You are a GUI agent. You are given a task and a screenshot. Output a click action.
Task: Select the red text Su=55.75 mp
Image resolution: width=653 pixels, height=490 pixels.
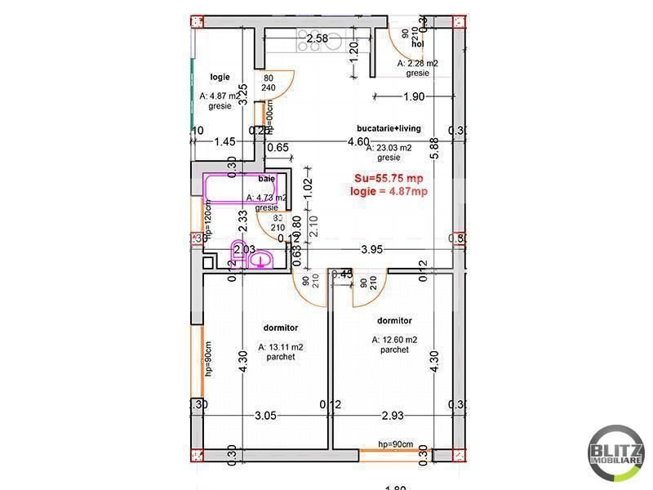(389, 178)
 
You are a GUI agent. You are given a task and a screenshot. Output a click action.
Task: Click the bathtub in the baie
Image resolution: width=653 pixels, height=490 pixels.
(243, 188)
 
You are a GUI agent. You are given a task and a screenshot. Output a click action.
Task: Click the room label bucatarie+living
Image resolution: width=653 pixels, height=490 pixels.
(389, 128)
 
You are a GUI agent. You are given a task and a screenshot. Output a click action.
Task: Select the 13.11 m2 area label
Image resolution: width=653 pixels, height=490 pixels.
(280, 347)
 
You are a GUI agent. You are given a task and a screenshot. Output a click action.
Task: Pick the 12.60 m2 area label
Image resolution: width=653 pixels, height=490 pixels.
(394, 340)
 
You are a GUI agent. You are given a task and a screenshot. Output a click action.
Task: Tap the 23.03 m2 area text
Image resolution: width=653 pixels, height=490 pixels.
(389, 149)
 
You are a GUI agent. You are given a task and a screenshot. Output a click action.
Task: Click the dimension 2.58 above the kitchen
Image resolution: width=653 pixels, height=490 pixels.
(318, 38)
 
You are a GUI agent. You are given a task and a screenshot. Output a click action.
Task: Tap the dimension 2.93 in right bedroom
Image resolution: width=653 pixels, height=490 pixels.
(393, 416)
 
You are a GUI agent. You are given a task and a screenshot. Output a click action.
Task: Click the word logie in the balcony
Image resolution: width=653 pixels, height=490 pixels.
(220, 77)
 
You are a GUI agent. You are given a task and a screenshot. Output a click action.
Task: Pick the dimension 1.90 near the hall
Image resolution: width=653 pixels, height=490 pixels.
(414, 97)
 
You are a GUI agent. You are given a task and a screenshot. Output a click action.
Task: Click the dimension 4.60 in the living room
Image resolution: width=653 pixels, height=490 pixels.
(357, 141)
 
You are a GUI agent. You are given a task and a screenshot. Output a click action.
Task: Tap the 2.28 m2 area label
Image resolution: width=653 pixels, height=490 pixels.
(418, 63)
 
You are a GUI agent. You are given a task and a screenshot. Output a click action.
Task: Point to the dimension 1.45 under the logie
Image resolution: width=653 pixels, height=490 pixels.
(224, 141)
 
